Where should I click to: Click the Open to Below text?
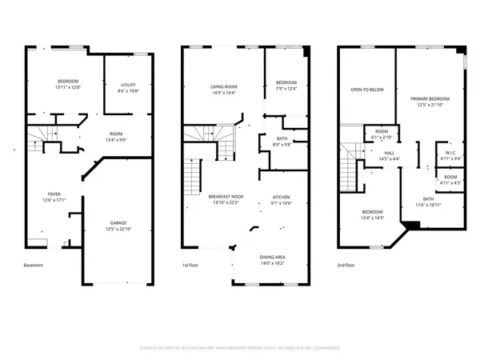[x=367, y=89]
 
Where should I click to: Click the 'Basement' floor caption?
[x=33, y=265]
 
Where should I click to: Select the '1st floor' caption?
[x=191, y=265]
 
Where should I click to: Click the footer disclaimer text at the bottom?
[x=240, y=348]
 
